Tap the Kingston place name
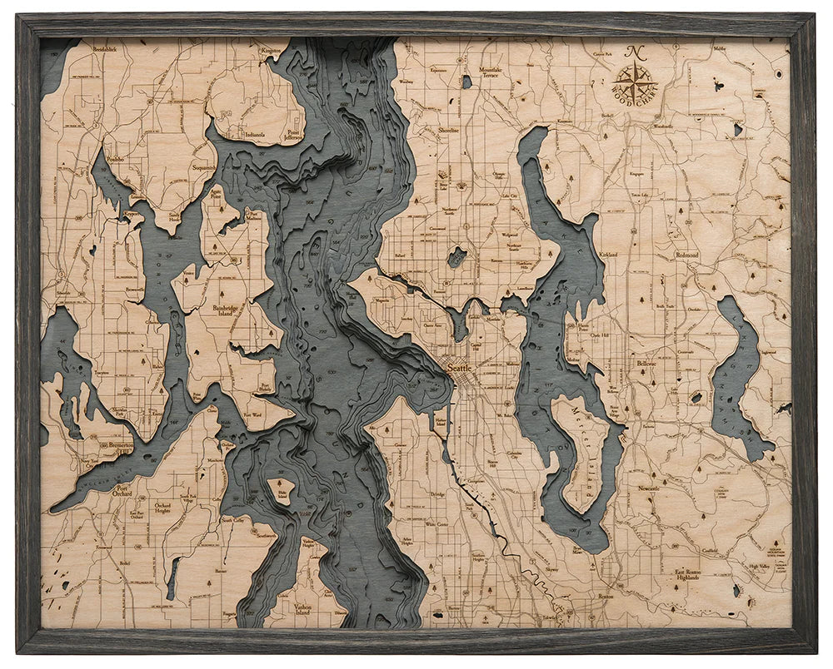(x=271, y=51)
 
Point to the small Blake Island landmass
(x=282, y=491)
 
